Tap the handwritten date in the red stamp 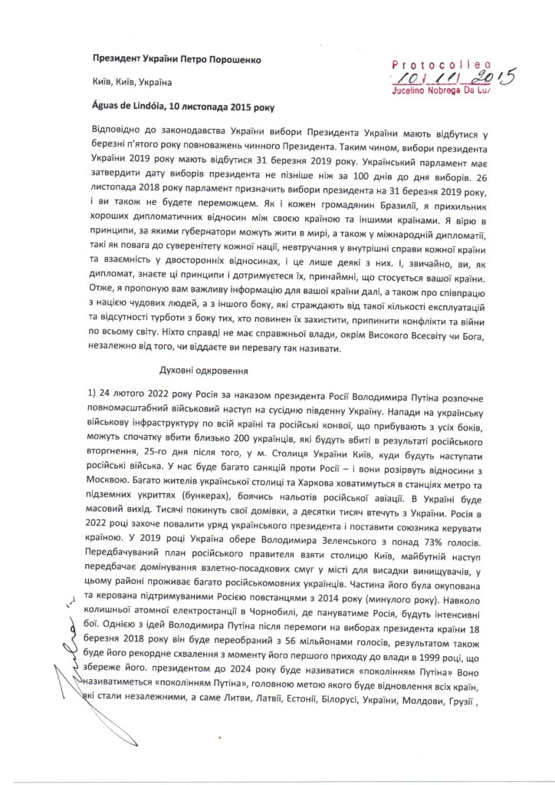coord(452,78)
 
